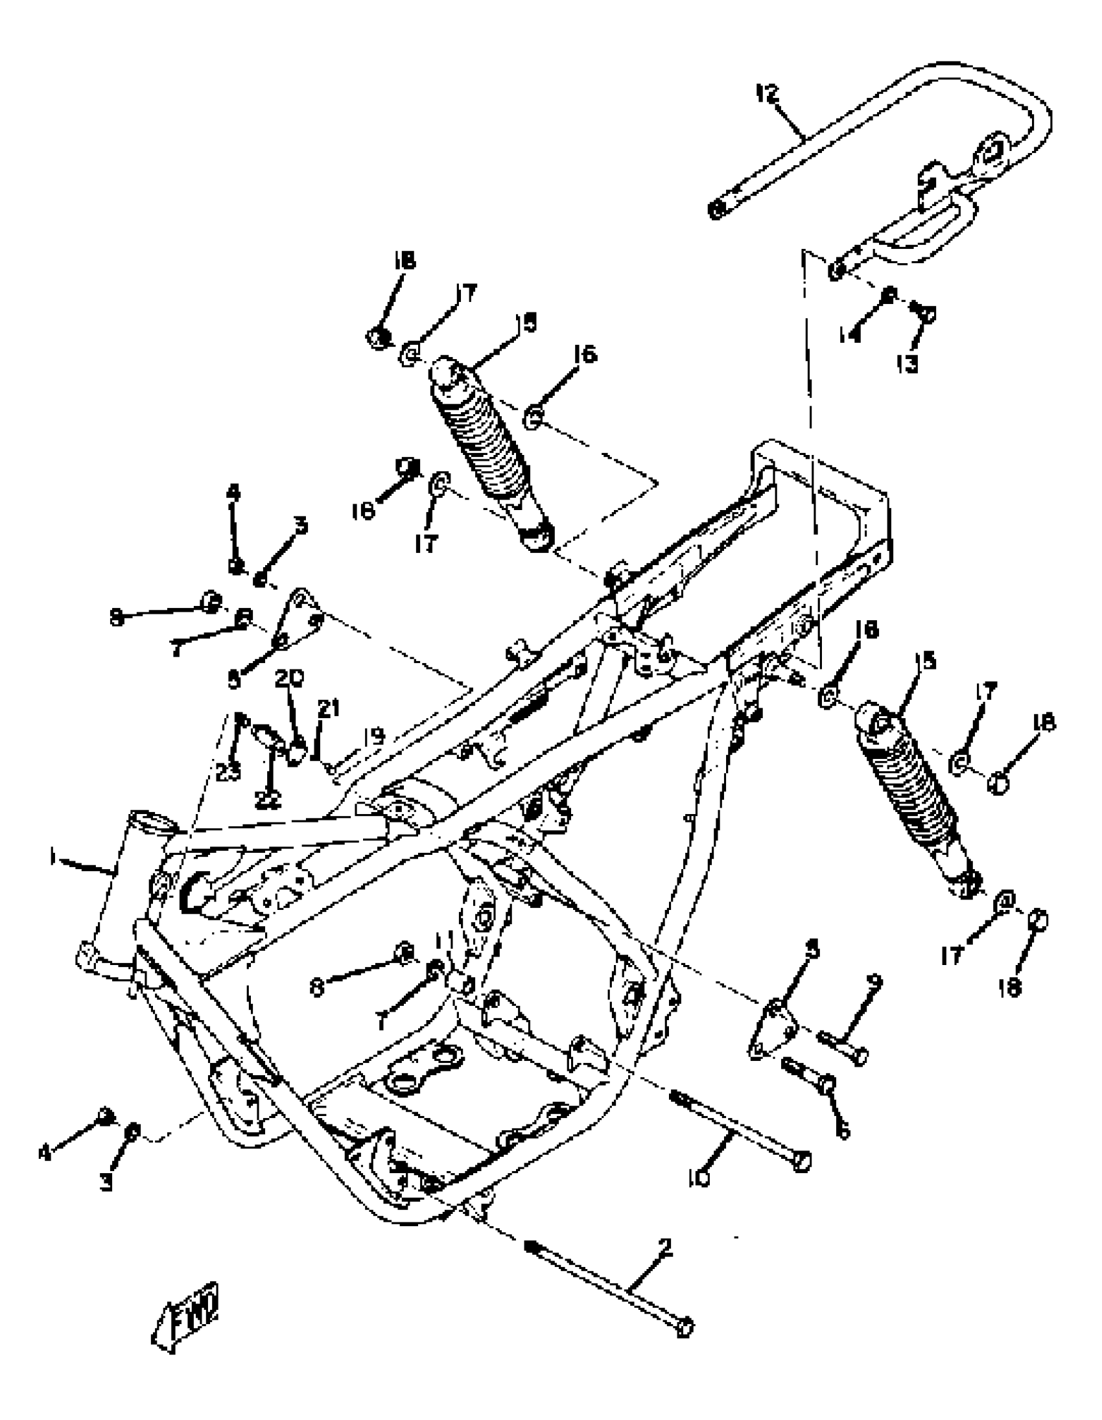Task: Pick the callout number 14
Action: [850, 335]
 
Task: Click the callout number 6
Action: [843, 1131]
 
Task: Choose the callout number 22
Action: [267, 802]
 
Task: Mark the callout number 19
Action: [375, 737]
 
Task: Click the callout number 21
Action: [329, 708]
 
